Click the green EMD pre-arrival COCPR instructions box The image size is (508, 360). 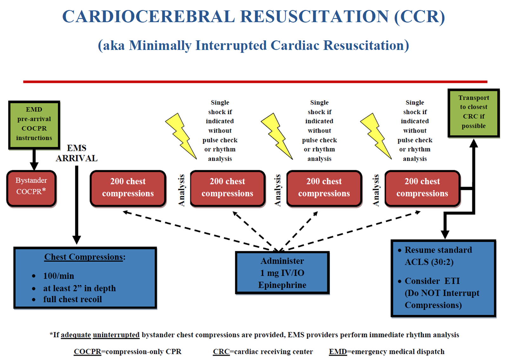tap(34, 124)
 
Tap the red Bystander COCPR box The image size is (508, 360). tap(31, 188)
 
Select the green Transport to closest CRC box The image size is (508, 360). tap(473, 113)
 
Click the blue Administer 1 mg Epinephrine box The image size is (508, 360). tap(282, 273)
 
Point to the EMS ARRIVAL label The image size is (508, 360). tap(77, 153)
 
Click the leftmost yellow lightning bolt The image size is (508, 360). tap(181, 136)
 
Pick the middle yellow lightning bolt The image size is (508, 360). tap(276, 136)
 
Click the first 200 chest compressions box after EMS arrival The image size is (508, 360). tap(128, 188)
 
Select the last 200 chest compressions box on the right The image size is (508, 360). tap(422, 188)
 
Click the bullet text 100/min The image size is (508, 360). tap(59, 276)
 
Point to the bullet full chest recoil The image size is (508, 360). tap(72, 299)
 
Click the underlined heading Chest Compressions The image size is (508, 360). tap(84, 257)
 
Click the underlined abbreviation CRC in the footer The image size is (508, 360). tap(221, 352)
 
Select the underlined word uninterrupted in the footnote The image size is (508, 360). tap(116, 335)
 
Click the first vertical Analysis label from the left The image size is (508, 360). tap(181, 190)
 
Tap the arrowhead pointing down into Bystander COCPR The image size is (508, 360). tap(34, 166)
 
